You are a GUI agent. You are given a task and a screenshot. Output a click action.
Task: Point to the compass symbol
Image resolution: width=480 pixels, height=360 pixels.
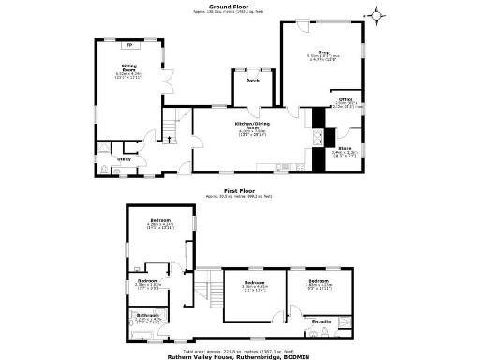coord(377,14)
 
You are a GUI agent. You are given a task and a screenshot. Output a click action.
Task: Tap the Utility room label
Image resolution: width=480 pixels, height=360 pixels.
coord(124,159)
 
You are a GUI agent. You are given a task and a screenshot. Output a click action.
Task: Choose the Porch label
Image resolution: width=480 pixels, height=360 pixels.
coord(253,81)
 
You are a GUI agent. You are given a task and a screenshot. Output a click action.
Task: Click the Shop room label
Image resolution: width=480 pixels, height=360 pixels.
coord(323,52)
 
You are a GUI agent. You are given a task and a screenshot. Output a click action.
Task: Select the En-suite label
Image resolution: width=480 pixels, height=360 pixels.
coord(320,321)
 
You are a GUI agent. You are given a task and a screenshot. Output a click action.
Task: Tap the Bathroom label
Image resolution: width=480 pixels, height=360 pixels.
coord(142,315)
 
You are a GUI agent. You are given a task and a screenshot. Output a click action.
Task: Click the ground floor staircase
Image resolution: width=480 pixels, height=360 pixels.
coord(171,127)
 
